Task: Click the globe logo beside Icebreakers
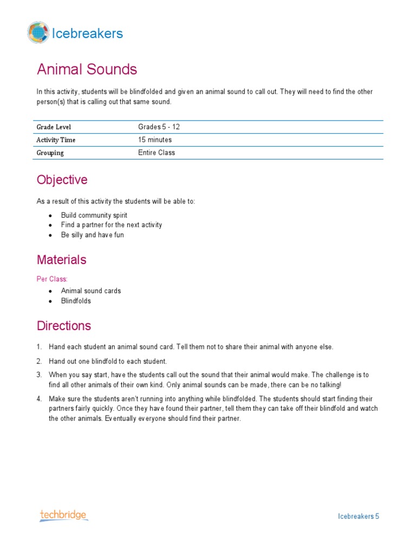pos(38,33)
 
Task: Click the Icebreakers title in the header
pos(87,34)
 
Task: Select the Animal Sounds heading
pos(87,69)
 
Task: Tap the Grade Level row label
pos(54,127)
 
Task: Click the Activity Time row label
pos(56,140)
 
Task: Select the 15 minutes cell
pos(155,140)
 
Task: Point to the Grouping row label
pos(50,153)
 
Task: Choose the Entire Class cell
pos(157,153)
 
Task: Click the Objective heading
pos(62,180)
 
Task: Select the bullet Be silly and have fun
pos(92,235)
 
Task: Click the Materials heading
pos(61,260)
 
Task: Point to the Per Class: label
pos(52,279)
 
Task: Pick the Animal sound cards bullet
pos(91,291)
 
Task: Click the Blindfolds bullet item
pos(76,301)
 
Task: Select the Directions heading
pos(64,326)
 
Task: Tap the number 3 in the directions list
pos(39,374)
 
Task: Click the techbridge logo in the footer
pos(63,516)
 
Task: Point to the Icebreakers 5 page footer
pos(359,516)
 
